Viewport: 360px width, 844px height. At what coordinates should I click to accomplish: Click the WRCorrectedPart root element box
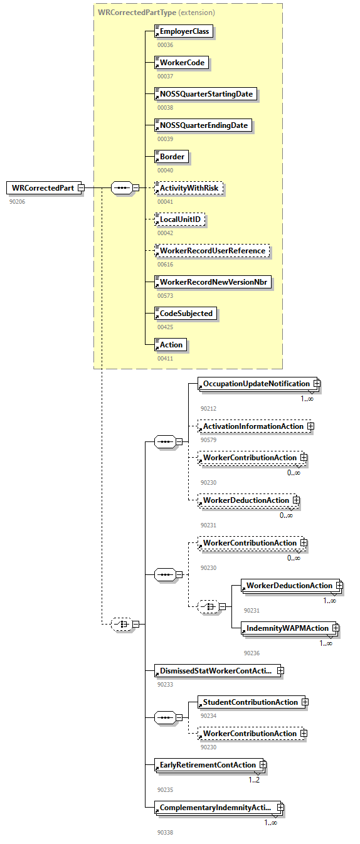pyautogui.click(x=43, y=188)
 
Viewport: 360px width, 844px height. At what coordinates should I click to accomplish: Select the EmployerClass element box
pyautogui.click(x=184, y=31)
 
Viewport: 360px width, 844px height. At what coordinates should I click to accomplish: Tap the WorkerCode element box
pyautogui.click(x=181, y=63)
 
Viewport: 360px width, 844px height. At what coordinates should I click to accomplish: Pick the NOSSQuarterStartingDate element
pyautogui.click(x=206, y=94)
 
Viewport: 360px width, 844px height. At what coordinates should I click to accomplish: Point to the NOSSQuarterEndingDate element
pyautogui.click(x=203, y=125)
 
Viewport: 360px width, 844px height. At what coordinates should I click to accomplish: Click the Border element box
pyautogui.click(x=172, y=157)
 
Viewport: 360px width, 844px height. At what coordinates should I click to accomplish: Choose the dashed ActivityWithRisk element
pyautogui.click(x=191, y=188)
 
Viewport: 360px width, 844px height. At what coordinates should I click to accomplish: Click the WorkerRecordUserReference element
pyautogui.click(x=212, y=251)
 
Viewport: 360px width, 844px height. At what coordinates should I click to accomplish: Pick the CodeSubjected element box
pyautogui.click(x=186, y=314)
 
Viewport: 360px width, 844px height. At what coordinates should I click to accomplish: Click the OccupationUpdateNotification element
pyautogui.click(x=256, y=384)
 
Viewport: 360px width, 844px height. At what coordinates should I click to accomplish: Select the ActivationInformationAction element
pyautogui.click(x=253, y=426)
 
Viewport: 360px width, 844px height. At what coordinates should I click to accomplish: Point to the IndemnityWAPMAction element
pyautogui.click(x=287, y=628)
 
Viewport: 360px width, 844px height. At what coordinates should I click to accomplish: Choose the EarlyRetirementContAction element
pyautogui.click(x=208, y=765)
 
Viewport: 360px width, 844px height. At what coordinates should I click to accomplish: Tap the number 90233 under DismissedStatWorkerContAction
pyautogui.click(x=166, y=685)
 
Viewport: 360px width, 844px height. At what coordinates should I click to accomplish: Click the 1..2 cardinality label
pyautogui.click(x=254, y=780)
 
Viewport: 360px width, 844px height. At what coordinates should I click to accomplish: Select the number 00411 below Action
pyautogui.click(x=166, y=358)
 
